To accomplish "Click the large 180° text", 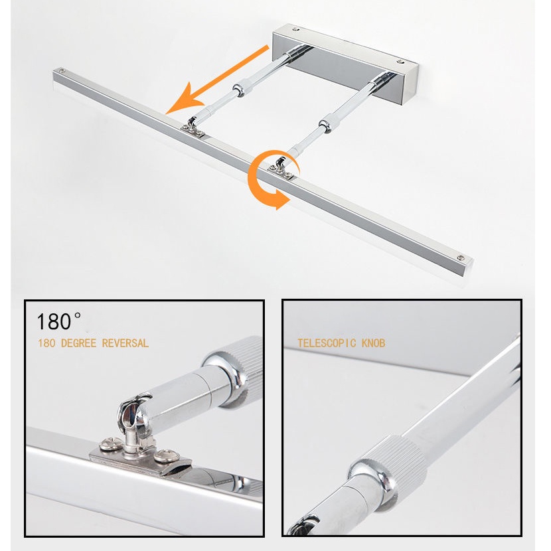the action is click(58, 321).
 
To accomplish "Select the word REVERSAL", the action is click(125, 343).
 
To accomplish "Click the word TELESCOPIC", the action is click(327, 343).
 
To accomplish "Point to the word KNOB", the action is click(374, 343).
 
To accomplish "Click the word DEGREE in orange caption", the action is click(79, 343).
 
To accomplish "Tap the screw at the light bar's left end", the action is click(62, 70).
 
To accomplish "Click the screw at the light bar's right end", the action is click(461, 259).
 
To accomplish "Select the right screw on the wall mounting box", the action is click(400, 62).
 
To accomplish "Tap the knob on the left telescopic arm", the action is click(240, 88).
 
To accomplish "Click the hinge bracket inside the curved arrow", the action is click(281, 169).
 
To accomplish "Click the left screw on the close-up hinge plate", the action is click(110, 444).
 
